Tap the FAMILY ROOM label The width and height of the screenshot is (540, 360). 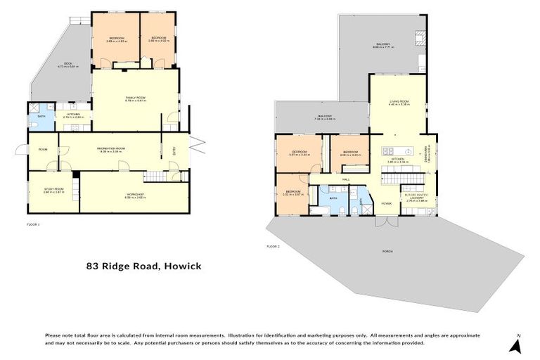[136, 98]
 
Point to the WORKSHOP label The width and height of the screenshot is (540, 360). [135, 194]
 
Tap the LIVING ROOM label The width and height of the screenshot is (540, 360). [399, 103]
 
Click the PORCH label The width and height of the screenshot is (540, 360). [387, 251]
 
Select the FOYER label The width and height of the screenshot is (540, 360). [386, 203]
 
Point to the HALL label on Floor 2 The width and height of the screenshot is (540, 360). [346, 180]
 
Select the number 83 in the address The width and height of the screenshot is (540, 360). [93, 266]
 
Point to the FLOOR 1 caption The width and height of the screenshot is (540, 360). [33, 225]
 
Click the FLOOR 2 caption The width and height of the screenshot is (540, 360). [274, 247]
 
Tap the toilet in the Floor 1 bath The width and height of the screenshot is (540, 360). [34, 124]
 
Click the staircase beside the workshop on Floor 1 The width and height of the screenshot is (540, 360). [155, 176]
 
